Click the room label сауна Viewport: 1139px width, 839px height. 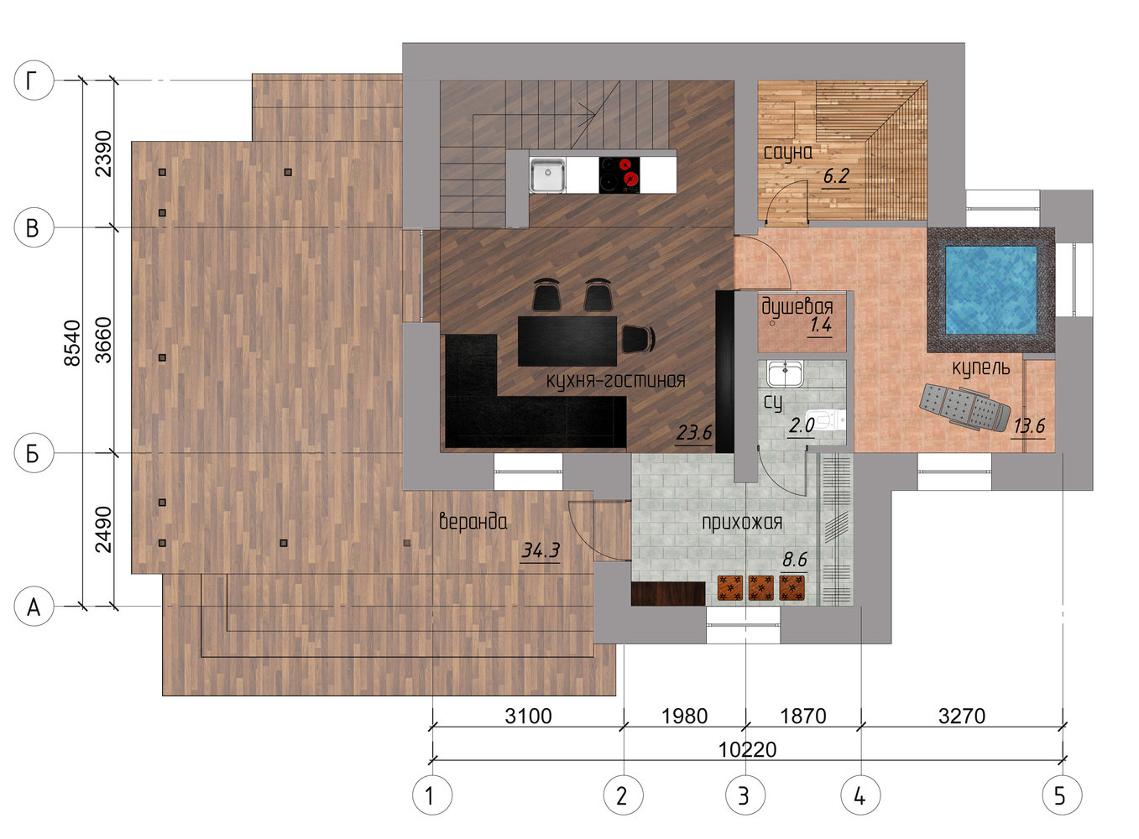(787, 153)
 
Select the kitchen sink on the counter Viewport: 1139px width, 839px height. (547, 175)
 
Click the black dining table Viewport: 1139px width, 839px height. (567, 341)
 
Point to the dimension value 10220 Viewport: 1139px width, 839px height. (748, 749)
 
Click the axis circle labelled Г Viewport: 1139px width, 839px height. (34, 81)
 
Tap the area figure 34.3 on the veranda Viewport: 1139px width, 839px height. (540, 550)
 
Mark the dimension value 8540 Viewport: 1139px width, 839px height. (73, 342)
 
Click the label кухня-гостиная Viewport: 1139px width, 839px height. (616, 379)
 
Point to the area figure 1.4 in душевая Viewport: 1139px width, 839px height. (821, 324)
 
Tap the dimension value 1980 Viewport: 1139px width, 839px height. (684, 716)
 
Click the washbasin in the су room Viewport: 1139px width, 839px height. (785, 373)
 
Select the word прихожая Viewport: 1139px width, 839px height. (742, 523)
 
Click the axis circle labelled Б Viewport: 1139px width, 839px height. (34, 453)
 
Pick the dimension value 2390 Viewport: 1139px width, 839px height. (103, 154)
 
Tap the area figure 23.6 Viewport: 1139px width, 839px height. (694, 433)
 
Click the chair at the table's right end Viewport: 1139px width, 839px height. (639, 338)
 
